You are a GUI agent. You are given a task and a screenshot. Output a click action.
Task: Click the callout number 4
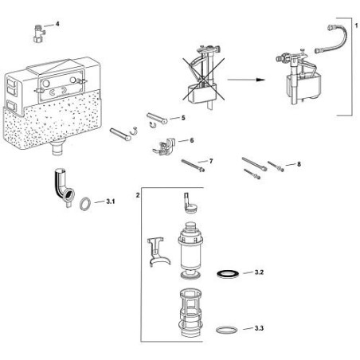click(57, 25)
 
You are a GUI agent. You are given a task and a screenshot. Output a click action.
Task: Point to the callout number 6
click(191, 140)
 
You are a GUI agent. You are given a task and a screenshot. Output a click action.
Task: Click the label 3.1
click(111, 202)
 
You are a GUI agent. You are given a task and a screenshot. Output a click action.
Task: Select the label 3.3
click(259, 329)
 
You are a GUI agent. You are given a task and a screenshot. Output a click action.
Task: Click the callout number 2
click(139, 194)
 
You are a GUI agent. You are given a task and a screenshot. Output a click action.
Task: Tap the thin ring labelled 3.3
click(227, 328)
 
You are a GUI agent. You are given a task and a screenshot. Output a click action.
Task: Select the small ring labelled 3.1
click(85, 203)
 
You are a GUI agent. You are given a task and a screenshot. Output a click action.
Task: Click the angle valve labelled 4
click(37, 33)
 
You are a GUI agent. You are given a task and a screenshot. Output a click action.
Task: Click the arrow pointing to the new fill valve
click(248, 79)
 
